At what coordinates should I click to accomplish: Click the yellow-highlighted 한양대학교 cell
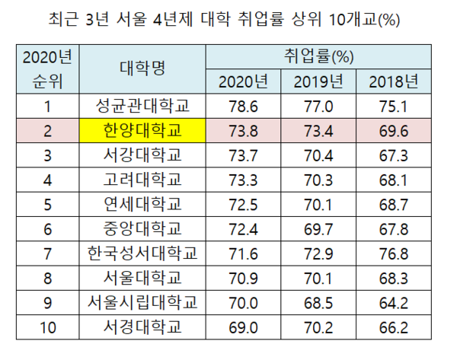click(142, 130)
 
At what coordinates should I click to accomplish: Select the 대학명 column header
click(142, 69)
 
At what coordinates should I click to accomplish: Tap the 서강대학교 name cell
click(142, 155)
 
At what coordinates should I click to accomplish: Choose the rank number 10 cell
click(47, 327)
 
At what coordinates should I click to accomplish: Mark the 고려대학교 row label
click(142, 180)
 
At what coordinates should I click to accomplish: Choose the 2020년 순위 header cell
click(47, 69)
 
